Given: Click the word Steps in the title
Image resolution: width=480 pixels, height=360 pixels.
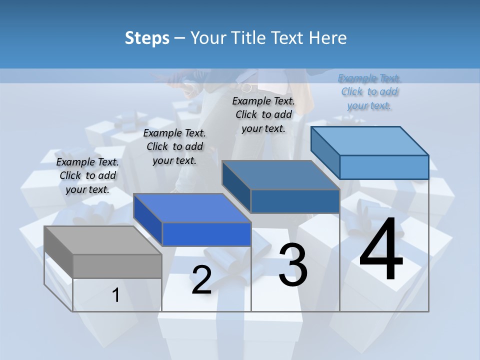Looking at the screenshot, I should click(146, 38).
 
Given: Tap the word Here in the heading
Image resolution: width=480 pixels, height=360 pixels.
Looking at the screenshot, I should click(328, 38).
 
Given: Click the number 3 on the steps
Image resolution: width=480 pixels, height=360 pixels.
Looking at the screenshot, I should click(293, 264).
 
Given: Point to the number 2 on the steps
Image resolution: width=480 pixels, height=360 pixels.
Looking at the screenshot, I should click(201, 280).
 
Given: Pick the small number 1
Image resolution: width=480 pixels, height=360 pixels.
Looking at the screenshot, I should click(116, 295).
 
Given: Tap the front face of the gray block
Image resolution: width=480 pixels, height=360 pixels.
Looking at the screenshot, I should click(117, 266).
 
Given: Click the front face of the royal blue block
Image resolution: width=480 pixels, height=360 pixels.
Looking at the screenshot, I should click(206, 234).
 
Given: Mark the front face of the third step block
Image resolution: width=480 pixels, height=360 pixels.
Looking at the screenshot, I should click(295, 201).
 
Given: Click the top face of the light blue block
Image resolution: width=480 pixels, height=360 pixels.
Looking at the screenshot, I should click(369, 140).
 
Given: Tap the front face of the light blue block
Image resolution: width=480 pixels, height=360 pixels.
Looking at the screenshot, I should click(384, 167).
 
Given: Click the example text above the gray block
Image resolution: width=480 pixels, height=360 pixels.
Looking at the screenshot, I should click(87, 176).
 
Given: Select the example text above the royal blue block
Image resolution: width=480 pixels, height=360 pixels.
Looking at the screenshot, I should click(174, 147).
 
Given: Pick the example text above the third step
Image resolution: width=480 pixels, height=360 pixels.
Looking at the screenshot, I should click(263, 115).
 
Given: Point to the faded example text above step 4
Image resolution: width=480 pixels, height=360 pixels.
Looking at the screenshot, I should click(369, 92).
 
